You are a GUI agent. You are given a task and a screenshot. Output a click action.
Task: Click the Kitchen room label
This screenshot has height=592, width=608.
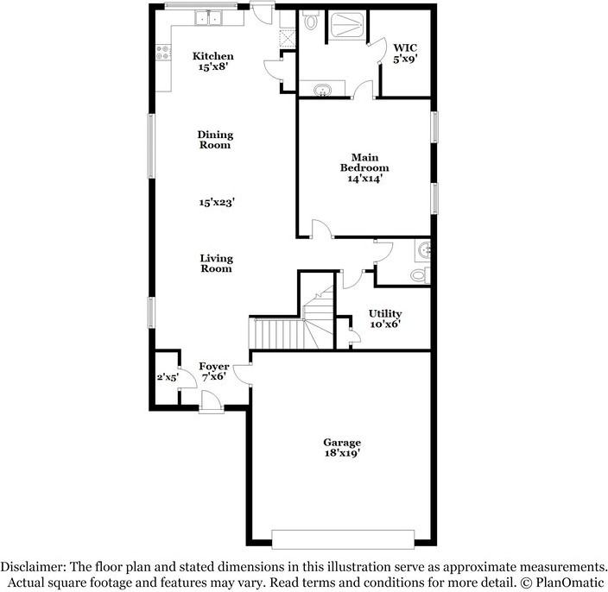click(x=212, y=56)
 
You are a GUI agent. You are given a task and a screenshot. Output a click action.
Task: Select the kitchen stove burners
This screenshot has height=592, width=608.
click(x=161, y=54)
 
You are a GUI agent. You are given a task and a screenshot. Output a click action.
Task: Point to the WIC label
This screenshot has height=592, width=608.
click(x=406, y=47)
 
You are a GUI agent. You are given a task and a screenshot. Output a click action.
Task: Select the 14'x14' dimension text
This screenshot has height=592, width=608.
click(x=364, y=179)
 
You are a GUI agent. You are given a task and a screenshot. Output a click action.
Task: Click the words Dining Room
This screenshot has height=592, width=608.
click(x=215, y=140)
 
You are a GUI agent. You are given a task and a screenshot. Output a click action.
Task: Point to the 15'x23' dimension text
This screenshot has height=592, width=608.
click(x=217, y=202)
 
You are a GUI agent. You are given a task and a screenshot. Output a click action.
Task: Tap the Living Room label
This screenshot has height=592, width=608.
click(x=216, y=263)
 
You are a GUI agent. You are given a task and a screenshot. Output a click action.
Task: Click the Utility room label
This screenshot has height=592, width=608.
click(x=385, y=313)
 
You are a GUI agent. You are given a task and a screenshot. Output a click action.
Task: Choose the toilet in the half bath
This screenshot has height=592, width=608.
click(x=420, y=275)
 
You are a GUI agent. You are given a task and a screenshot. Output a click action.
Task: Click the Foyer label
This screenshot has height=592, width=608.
click(x=214, y=367)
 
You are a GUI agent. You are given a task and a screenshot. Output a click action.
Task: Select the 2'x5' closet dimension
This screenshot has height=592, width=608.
click(x=167, y=377)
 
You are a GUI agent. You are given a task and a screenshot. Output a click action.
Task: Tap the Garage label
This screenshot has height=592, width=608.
click(x=343, y=442)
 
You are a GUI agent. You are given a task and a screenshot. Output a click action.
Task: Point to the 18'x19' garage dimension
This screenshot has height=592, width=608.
click(x=343, y=452)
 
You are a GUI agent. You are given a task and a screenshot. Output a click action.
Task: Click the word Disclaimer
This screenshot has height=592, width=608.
click(x=33, y=567)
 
